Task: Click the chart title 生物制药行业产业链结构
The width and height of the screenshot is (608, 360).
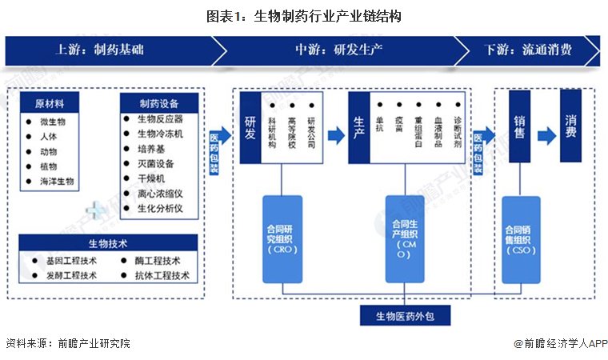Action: tap(328, 16)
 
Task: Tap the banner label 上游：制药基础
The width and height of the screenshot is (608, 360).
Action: tap(100, 50)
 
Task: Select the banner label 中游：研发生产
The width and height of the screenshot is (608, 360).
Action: tap(338, 50)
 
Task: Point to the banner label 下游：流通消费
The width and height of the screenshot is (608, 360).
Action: tap(528, 50)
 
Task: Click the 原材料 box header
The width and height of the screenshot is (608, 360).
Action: tap(50, 103)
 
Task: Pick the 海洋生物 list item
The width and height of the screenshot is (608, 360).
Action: tap(57, 181)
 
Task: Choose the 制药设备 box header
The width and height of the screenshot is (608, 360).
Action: tap(159, 103)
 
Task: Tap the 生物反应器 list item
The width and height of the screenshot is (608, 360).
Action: tap(160, 119)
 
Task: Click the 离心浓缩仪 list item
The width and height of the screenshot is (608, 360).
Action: tap(160, 194)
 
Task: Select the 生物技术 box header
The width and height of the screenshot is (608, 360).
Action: tap(108, 243)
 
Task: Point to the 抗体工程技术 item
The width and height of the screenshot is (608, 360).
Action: tap(162, 275)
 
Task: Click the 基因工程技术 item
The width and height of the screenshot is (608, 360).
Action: tap(71, 261)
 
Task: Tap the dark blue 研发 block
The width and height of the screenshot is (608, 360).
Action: tap(250, 128)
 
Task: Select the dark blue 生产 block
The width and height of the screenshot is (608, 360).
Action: tap(359, 128)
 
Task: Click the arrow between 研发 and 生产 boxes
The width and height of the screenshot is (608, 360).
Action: tap(336, 135)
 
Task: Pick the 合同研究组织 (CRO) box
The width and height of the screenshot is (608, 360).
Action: tap(282, 239)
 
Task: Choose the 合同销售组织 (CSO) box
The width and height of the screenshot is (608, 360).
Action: tap(521, 240)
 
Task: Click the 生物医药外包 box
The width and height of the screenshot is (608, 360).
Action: tap(406, 316)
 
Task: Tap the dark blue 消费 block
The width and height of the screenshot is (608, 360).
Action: tap(570, 126)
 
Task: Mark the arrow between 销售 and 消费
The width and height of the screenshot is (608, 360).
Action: tap(547, 136)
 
